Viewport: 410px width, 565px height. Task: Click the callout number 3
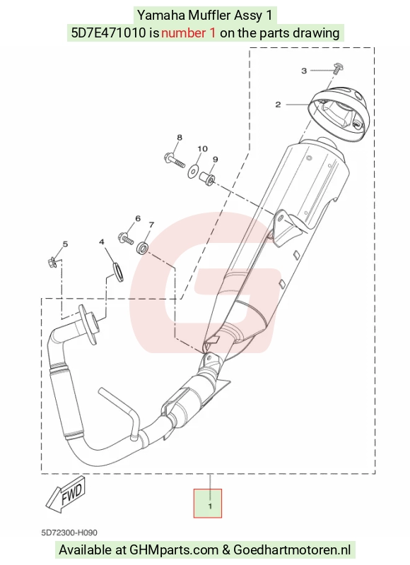[304, 71]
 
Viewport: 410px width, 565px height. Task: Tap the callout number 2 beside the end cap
[278, 105]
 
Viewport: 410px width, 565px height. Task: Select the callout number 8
[180, 137]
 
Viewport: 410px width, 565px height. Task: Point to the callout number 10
[202, 148]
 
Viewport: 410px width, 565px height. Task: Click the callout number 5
[65, 244]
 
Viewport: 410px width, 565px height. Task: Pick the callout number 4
[102, 242]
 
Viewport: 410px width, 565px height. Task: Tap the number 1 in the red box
[210, 506]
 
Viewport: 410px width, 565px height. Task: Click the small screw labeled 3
[338, 68]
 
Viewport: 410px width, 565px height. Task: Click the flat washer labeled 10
[193, 171]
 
